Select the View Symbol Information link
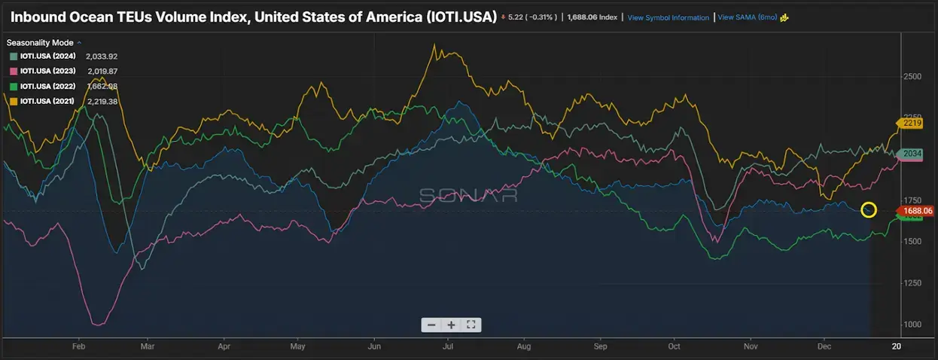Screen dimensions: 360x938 click(668, 17)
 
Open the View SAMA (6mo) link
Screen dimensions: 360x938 click(748, 17)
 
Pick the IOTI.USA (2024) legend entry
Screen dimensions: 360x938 click(47, 56)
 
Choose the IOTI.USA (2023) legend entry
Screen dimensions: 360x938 click(47, 71)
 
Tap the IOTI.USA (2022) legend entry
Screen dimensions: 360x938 click(47, 86)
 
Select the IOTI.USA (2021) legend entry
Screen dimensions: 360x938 click(47, 101)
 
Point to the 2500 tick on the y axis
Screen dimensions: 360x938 click(912, 77)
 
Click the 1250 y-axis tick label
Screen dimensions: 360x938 click(912, 282)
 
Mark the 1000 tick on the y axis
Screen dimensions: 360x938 click(912, 324)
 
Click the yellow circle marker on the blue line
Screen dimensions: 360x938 click(869, 209)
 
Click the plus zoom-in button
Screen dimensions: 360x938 click(451, 325)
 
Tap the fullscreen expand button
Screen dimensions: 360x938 click(471, 325)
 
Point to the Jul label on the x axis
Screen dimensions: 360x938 click(448, 347)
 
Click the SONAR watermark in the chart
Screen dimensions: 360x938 click(468, 195)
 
